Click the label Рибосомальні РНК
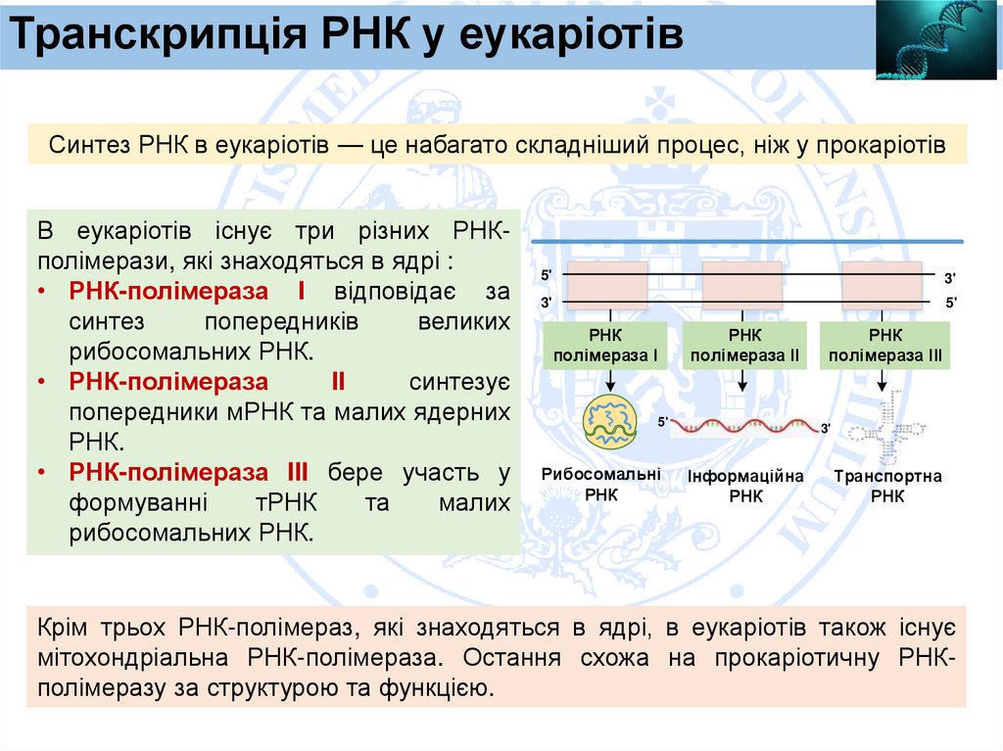601,485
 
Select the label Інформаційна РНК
744,486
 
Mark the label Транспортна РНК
887,486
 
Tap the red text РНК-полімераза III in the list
189,474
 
